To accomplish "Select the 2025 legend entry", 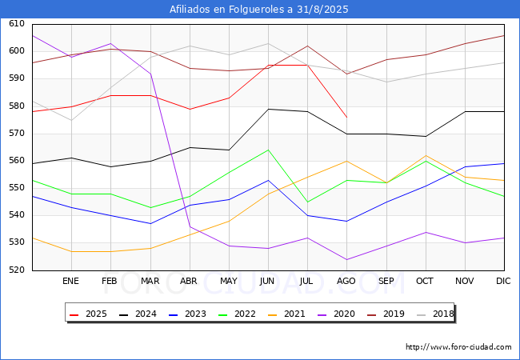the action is (89, 314).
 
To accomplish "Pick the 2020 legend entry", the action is (336, 314).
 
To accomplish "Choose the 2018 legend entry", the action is (435, 314).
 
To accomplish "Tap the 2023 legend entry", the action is (187, 314).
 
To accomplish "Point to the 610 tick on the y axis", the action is (17, 23).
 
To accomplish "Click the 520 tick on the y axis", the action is (17, 270).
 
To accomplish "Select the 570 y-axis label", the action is (17, 134).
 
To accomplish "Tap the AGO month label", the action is (346, 281).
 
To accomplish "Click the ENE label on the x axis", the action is (70, 281).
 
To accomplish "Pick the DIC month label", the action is (503, 281).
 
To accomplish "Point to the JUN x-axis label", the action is (267, 281).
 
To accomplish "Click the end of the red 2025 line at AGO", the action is (347, 118).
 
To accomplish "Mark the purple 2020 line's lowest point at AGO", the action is (347, 259).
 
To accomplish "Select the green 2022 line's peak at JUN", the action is (268, 150).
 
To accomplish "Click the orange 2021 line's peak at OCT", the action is (426, 155).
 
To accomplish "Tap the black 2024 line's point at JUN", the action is (268, 109).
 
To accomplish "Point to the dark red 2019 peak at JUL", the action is (308, 46).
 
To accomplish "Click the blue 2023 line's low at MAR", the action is (151, 224).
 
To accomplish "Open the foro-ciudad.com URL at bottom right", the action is (458, 347).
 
